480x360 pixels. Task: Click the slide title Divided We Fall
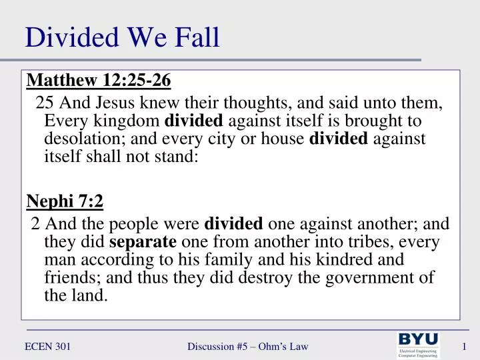pos(122,37)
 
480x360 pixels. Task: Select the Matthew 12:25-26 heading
pos(99,81)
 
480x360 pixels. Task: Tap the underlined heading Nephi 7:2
pos(65,201)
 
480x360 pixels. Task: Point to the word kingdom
pos(128,121)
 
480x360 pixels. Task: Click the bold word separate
pos(143,241)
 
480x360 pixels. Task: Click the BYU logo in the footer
pos(418,345)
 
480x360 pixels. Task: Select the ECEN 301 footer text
pos(48,346)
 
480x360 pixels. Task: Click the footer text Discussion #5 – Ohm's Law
pos(247,346)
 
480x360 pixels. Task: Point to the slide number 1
pos(463,346)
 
